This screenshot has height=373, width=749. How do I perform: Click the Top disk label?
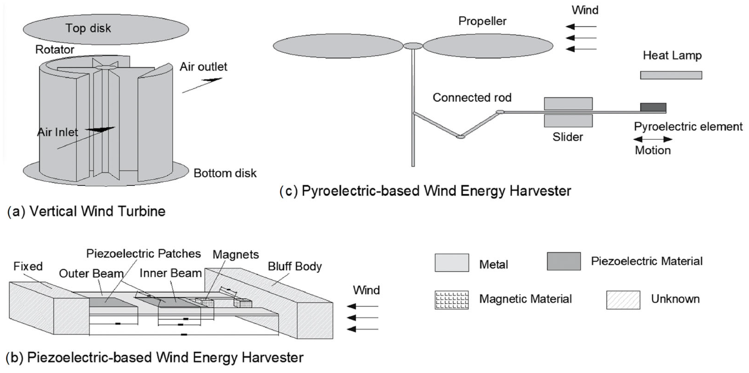(88, 28)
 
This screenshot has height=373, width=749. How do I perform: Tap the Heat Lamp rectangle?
(671, 75)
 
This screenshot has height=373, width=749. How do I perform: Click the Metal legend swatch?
(452, 263)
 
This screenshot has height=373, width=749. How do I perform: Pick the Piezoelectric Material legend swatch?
(564, 261)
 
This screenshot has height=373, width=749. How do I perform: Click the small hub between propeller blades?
(412, 46)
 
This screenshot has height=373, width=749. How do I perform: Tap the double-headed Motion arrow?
(652, 139)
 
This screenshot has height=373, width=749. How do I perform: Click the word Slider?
(567, 137)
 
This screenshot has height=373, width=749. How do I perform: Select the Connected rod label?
(472, 98)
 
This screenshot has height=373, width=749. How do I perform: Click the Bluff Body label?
(294, 266)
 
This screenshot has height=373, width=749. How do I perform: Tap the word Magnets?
(236, 255)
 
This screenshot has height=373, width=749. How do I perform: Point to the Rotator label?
(55, 50)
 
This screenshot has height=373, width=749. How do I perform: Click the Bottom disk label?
(225, 173)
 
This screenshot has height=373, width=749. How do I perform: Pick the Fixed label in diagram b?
(28, 266)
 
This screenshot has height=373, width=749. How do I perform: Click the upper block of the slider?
(568, 104)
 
